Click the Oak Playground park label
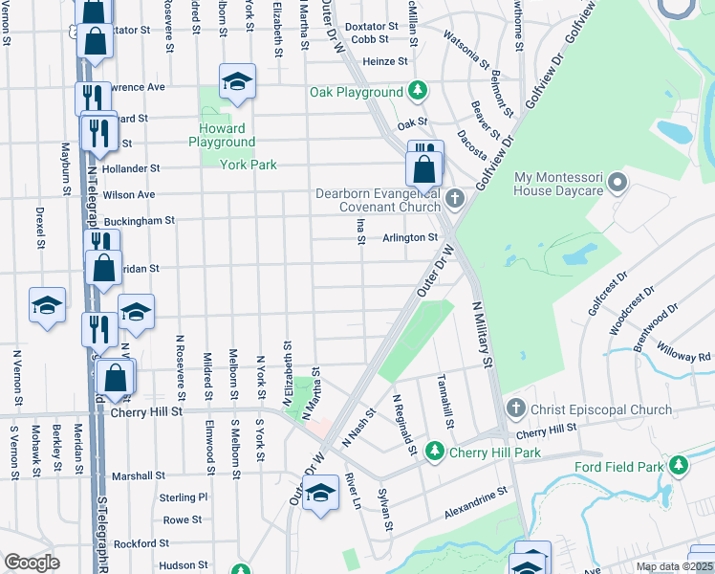(x=356, y=92)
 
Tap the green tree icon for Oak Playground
(x=417, y=92)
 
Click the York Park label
(x=249, y=165)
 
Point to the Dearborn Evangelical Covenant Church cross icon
(x=455, y=199)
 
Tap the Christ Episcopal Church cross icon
(x=516, y=409)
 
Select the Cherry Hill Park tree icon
(x=434, y=451)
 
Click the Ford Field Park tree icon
(x=679, y=467)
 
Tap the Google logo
(x=32, y=563)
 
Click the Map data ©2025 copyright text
(x=674, y=566)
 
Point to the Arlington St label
(x=410, y=238)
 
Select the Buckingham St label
(x=140, y=220)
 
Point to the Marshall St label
(x=139, y=475)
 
